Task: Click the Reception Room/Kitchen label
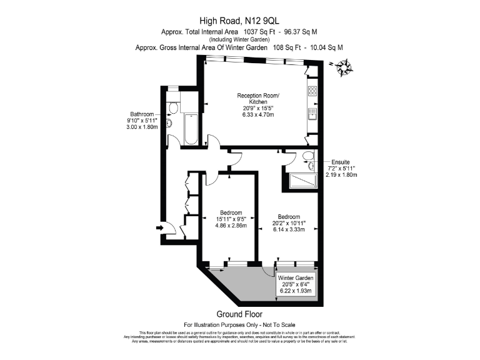[257, 98]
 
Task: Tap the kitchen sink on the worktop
[312, 112]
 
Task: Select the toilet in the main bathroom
[173, 109]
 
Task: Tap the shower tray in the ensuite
[302, 181]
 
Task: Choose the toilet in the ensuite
[308, 156]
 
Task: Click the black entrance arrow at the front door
[159, 229]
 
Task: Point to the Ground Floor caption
[239, 314]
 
